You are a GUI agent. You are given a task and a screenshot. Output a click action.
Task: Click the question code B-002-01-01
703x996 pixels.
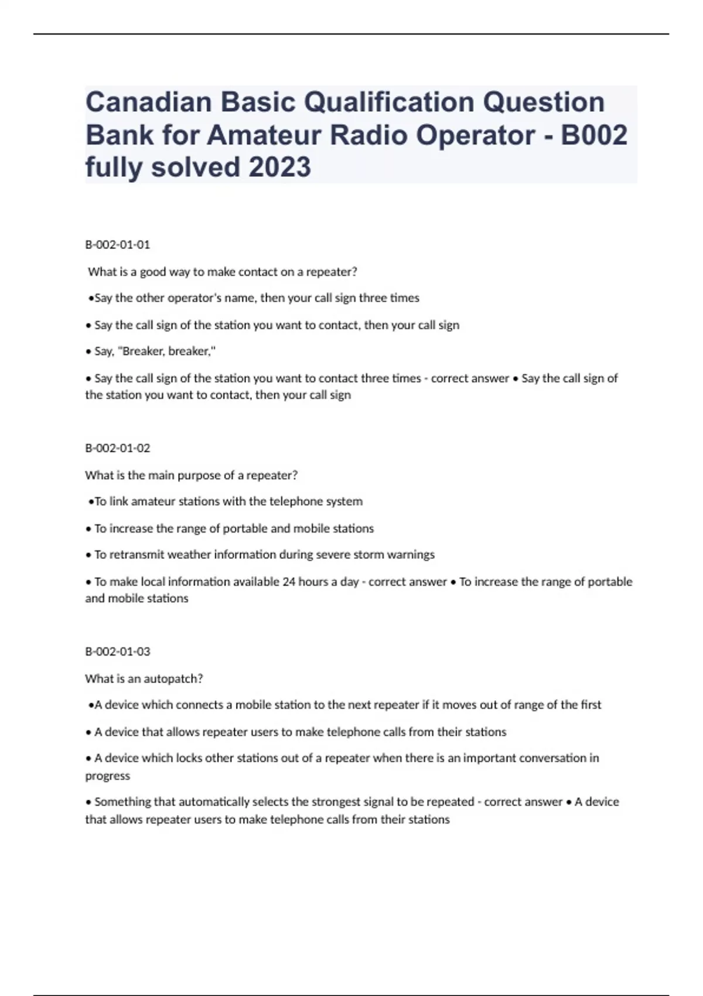118,245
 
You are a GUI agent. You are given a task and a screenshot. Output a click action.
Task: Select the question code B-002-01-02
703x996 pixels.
118,448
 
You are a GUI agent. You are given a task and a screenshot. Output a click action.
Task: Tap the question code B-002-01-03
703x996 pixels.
118,652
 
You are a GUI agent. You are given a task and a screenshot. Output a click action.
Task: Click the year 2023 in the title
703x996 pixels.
279,167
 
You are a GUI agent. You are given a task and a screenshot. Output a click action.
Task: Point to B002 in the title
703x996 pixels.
593,135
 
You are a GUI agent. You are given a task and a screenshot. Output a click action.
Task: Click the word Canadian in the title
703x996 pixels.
148,102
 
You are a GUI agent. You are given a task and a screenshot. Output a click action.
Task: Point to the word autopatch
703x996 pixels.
173,679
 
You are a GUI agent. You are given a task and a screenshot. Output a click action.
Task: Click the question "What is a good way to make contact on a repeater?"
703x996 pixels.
223,272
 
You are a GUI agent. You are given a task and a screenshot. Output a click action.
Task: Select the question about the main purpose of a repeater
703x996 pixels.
191,475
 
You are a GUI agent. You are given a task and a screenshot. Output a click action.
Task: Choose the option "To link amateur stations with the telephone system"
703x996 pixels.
228,502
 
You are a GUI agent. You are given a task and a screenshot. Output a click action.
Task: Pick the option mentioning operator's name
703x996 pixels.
256,298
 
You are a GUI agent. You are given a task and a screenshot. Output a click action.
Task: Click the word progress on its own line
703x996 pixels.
108,776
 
